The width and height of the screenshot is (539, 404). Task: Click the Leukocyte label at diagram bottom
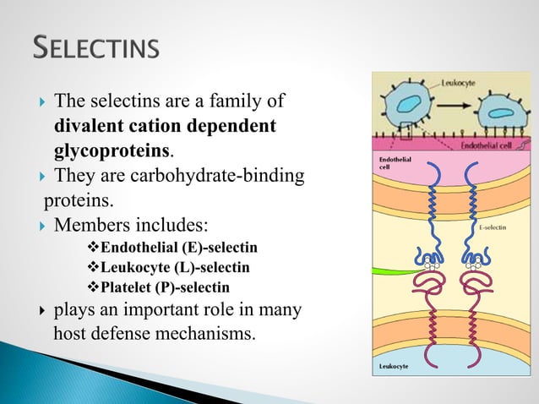[x=393, y=368]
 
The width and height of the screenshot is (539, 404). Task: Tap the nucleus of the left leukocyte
[x=409, y=105]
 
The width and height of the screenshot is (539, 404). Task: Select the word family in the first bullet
[x=238, y=103]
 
